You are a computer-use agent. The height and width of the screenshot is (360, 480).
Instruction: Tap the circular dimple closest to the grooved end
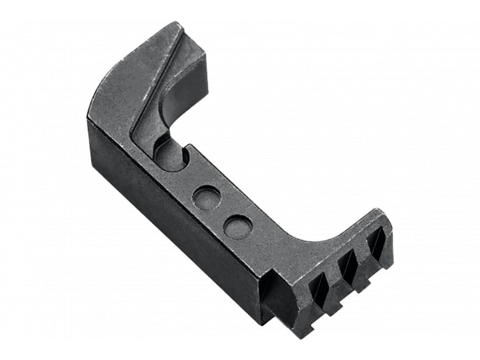click(237, 227)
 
